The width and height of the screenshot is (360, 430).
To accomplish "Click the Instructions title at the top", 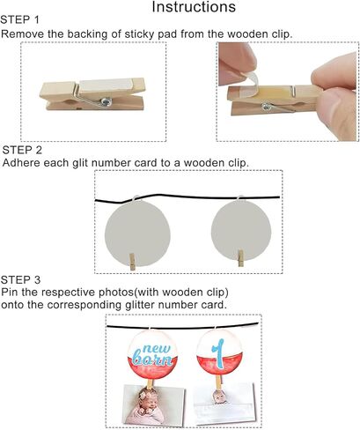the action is tap(194, 7).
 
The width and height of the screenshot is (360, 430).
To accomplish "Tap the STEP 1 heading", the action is tap(19, 20).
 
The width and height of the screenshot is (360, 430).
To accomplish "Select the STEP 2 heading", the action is tap(22, 150).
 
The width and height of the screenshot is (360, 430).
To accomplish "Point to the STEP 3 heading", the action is tap(20, 280).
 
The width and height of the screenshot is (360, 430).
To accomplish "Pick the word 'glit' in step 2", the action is tap(80, 163).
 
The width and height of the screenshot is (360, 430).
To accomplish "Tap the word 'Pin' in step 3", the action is tap(10, 293).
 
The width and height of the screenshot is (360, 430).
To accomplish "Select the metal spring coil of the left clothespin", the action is tap(106, 101).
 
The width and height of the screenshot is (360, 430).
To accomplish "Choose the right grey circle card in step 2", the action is tap(241, 231).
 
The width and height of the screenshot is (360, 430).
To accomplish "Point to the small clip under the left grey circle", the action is tap(132, 262).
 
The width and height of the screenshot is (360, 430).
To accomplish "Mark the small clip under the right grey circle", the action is tap(240, 258).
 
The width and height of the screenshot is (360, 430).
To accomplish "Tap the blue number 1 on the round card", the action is tap(218, 353).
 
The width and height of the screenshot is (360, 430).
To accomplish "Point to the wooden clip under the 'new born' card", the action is tap(151, 384).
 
